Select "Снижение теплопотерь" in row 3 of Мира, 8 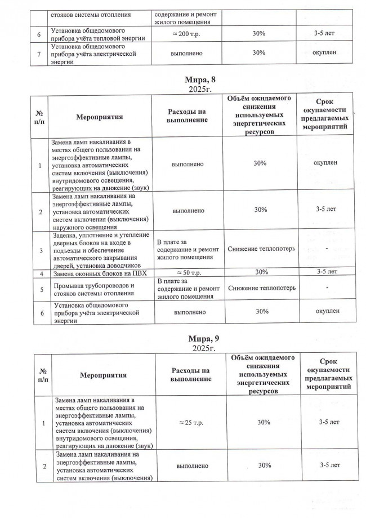coord(260,249)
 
